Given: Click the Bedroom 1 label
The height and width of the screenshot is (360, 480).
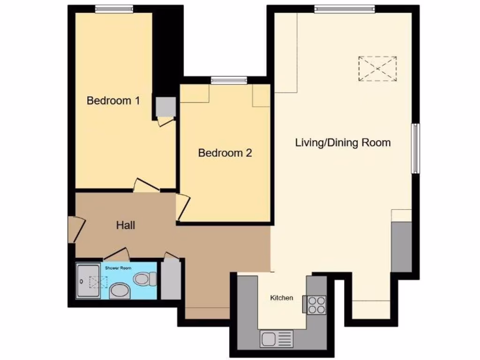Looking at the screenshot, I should (x=113, y=100).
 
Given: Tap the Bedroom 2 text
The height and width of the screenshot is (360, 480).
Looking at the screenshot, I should (x=225, y=153).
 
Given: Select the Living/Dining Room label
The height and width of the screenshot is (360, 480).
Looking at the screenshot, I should (x=343, y=142).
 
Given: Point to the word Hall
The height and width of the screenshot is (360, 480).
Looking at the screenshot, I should (x=126, y=225).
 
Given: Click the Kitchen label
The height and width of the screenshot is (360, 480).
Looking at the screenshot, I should (x=282, y=298).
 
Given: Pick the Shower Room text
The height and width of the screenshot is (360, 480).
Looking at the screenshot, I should (x=121, y=268).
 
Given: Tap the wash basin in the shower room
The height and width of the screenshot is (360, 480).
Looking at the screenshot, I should (x=120, y=291).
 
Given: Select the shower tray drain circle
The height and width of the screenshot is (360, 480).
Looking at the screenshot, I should (x=82, y=282).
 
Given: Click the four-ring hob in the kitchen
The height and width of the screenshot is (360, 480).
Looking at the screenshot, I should (x=317, y=304).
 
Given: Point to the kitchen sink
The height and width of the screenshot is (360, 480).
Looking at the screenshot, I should (x=276, y=338).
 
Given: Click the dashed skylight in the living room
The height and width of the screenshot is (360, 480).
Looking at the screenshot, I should (x=378, y=68).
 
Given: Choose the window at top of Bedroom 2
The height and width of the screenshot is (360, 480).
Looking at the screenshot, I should (x=229, y=81).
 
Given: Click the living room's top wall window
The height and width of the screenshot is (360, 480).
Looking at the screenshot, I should (x=345, y=8).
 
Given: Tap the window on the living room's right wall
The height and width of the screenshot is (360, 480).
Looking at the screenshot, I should (x=415, y=148).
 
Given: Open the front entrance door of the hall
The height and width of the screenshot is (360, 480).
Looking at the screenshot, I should (x=75, y=230).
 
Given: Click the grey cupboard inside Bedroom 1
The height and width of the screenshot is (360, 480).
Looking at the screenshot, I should (x=165, y=106).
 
